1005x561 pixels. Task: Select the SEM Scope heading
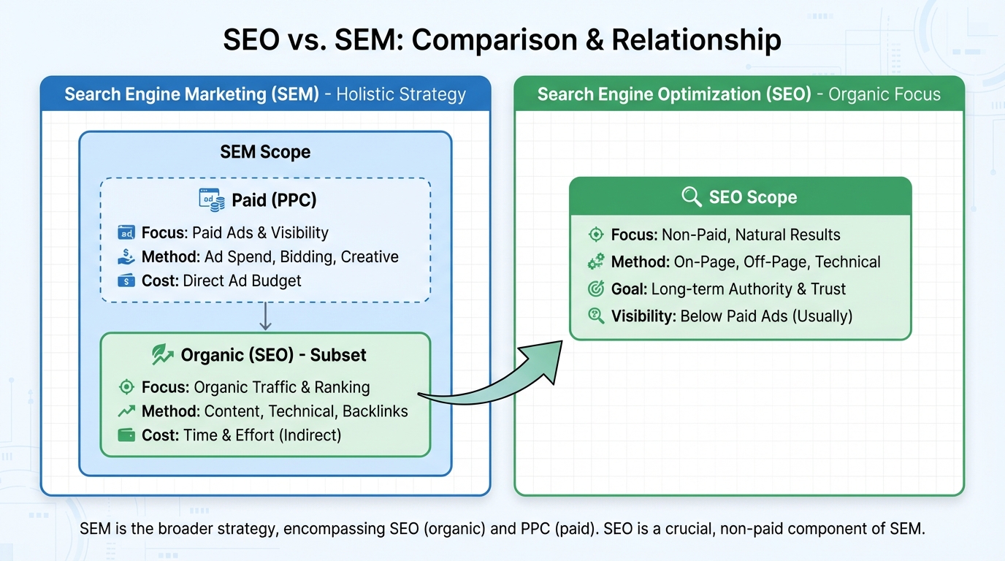point(265,152)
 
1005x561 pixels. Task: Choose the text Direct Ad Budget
point(242,280)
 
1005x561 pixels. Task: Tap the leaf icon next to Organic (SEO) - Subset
point(161,355)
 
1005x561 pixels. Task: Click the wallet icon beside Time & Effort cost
point(126,435)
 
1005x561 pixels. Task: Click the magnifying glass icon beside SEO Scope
point(691,196)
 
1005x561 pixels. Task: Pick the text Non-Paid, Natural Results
point(751,235)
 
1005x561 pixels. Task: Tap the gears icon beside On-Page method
point(596,262)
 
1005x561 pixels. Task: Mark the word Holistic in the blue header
point(366,94)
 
